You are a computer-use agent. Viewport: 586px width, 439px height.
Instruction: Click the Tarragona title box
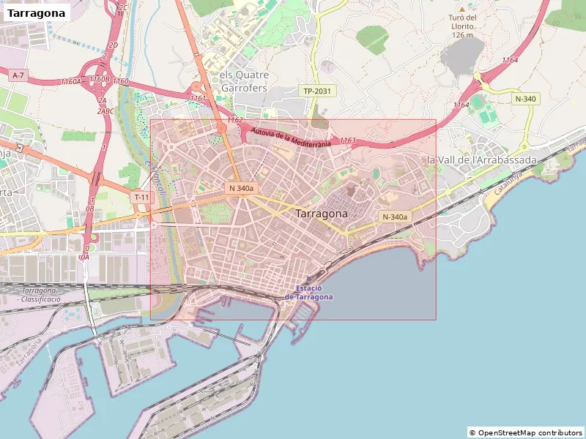[x=37, y=13]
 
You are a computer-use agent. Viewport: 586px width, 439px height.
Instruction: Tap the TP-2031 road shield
[x=317, y=91]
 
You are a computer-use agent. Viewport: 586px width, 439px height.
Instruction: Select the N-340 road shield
[x=526, y=99]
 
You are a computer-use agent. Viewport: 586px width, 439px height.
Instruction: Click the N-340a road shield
[x=395, y=217]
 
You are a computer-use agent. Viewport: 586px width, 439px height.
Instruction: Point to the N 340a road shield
[x=241, y=188]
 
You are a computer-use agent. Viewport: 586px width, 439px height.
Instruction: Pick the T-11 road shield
[x=141, y=197]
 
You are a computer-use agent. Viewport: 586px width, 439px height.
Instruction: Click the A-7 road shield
[x=19, y=75]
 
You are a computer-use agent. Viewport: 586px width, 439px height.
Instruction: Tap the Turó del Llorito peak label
[x=463, y=26]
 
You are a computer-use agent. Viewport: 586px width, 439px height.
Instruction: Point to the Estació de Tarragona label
[x=308, y=293]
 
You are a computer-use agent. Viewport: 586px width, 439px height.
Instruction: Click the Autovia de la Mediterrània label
[x=292, y=138]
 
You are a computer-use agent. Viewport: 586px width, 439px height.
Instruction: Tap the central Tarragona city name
[x=322, y=214]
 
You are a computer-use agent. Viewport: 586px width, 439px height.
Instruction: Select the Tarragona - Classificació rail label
[x=40, y=295]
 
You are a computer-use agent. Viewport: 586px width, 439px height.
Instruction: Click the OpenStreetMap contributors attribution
[x=525, y=432]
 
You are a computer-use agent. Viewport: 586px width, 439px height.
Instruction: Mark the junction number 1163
[x=348, y=140]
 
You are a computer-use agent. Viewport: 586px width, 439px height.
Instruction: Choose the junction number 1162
[x=234, y=119]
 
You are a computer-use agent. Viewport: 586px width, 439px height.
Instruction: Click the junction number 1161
[x=198, y=97]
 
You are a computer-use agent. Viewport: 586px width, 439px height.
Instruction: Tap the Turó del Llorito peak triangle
[x=462, y=7]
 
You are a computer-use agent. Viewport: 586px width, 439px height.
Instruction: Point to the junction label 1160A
[x=71, y=82]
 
